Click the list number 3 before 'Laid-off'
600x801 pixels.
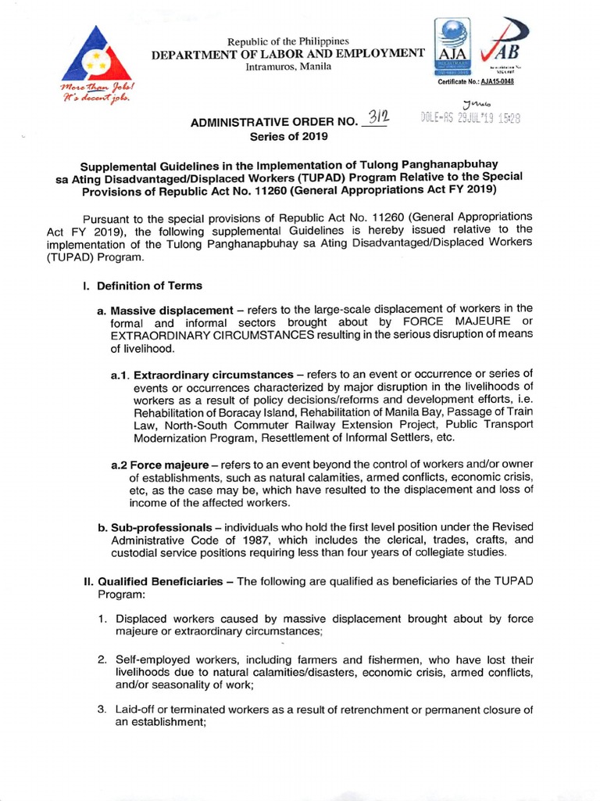102,710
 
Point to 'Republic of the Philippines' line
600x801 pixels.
288,41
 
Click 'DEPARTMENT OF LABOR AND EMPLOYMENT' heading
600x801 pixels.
288,53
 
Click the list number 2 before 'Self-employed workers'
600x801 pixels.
102,659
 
